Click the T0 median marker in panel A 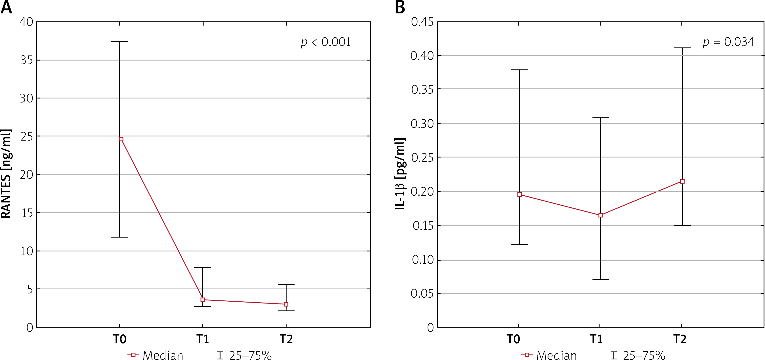tap(121, 139)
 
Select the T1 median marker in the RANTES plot tap(203, 300)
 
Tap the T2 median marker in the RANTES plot tap(286, 304)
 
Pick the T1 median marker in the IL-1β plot tap(601, 215)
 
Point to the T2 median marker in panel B tap(682, 181)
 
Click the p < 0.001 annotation tap(326, 42)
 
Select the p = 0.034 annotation tap(728, 42)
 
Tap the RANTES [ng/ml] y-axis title tap(6, 174)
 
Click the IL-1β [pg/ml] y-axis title tap(400, 174)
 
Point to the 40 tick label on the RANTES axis tap(26, 22)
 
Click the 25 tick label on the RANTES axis tap(26, 136)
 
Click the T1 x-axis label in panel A tap(203, 339)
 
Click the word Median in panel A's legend tap(163, 355)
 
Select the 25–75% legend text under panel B tap(644, 355)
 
